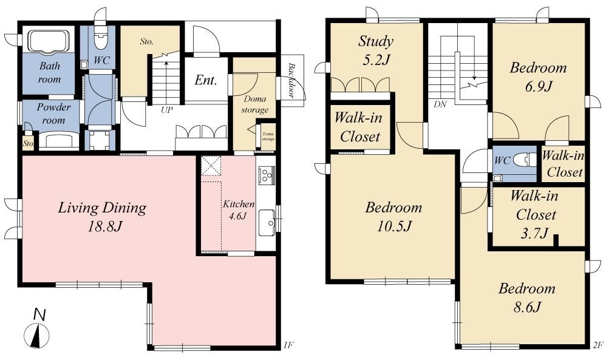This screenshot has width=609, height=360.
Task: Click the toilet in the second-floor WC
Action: click(x=525, y=160)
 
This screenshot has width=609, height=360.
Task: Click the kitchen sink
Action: click(x=267, y=223)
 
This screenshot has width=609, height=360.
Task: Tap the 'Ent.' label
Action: click(x=205, y=80)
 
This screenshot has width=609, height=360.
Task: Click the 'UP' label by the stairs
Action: click(x=166, y=110)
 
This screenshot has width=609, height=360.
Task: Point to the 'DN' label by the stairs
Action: click(x=440, y=104)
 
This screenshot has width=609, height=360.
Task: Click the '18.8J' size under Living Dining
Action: click(x=104, y=226)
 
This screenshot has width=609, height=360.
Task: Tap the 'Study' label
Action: click(x=376, y=41)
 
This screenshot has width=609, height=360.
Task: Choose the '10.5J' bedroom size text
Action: click(x=394, y=226)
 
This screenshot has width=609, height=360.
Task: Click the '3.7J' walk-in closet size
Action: click(x=534, y=233)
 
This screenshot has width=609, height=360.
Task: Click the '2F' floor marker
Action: click(x=597, y=344)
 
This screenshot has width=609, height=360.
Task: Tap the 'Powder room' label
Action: click(x=53, y=114)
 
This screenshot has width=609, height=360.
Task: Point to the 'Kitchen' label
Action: click(x=239, y=204)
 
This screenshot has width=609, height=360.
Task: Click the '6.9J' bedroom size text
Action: click(x=539, y=87)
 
